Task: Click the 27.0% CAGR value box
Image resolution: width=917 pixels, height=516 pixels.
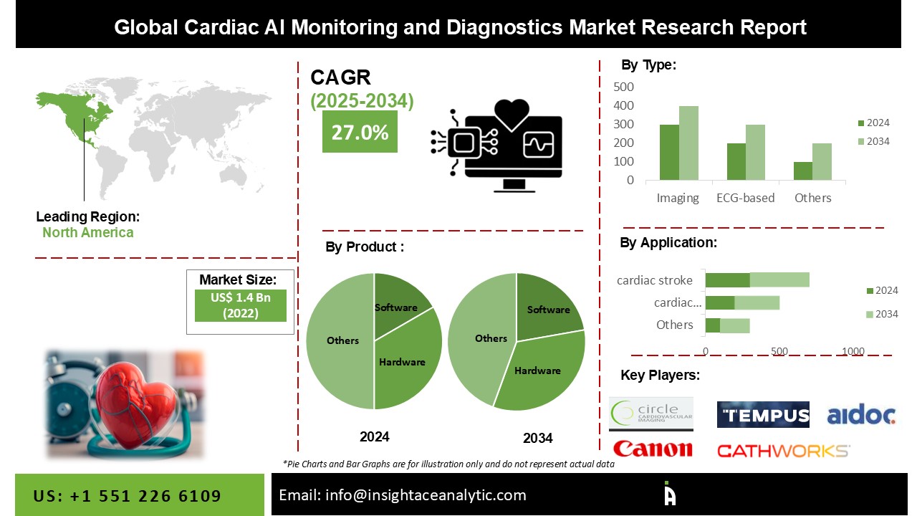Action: click(360, 131)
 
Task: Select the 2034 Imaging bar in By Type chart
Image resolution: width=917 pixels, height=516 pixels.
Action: click(688, 143)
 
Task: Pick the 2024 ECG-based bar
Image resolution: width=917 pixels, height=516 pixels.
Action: click(736, 162)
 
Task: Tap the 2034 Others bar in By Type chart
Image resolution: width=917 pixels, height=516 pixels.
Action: click(822, 162)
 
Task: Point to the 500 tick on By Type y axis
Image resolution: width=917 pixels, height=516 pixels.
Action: click(623, 87)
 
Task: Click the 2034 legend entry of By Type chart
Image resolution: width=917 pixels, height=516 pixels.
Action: click(873, 141)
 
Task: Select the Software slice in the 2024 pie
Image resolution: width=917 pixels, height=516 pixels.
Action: click(399, 303)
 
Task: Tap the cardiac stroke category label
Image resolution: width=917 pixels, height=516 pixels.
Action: click(655, 280)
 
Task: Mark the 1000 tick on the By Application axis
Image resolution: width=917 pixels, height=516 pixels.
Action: click(853, 351)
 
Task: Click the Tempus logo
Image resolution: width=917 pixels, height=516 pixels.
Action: click(763, 414)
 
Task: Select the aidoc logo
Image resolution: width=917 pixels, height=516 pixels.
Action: click(861, 414)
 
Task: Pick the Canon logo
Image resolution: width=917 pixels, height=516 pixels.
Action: click(653, 449)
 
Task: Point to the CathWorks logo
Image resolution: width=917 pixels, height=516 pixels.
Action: click(784, 451)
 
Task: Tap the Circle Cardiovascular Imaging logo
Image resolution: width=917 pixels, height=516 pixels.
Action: click(651, 414)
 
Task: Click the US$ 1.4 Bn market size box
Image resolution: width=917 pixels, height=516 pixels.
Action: click(240, 305)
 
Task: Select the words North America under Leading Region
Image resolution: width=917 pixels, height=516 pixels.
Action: click(88, 233)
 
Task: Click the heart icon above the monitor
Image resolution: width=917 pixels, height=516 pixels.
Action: click(512, 114)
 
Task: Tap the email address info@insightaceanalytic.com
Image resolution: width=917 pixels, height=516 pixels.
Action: click(426, 495)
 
